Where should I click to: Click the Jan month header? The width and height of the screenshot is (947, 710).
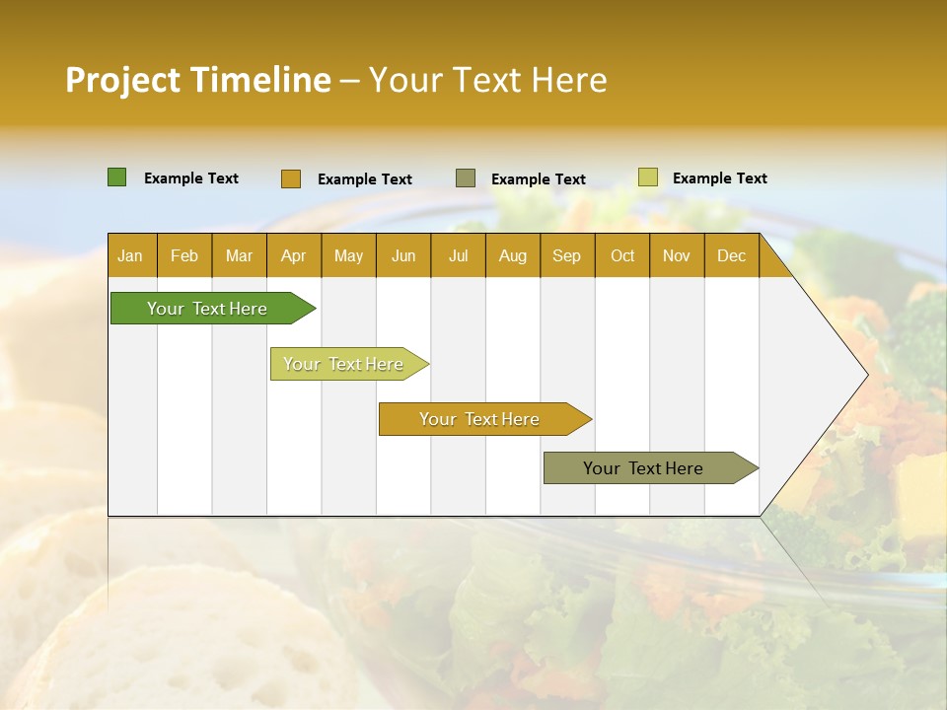[x=130, y=255]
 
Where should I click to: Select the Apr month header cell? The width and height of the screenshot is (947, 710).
[x=293, y=255]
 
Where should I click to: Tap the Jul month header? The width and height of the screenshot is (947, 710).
[x=458, y=255]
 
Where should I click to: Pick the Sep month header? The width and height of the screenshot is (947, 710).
[x=566, y=255]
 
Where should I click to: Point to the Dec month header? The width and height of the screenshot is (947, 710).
[x=731, y=255]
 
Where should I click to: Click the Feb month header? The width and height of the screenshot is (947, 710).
[x=184, y=255]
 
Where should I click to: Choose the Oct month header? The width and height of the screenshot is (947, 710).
[x=622, y=255]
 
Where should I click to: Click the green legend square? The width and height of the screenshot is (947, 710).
[x=116, y=177]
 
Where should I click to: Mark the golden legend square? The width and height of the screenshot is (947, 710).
[x=290, y=178]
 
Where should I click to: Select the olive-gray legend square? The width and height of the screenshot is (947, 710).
[x=465, y=178]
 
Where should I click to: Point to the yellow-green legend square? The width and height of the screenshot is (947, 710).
[x=647, y=177]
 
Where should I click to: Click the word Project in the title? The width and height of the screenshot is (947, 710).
[x=123, y=80]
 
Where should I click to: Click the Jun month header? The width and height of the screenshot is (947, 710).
[x=403, y=255]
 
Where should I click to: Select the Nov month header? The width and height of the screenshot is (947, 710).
[x=677, y=255]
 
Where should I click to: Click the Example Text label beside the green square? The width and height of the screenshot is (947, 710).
[x=191, y=178]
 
